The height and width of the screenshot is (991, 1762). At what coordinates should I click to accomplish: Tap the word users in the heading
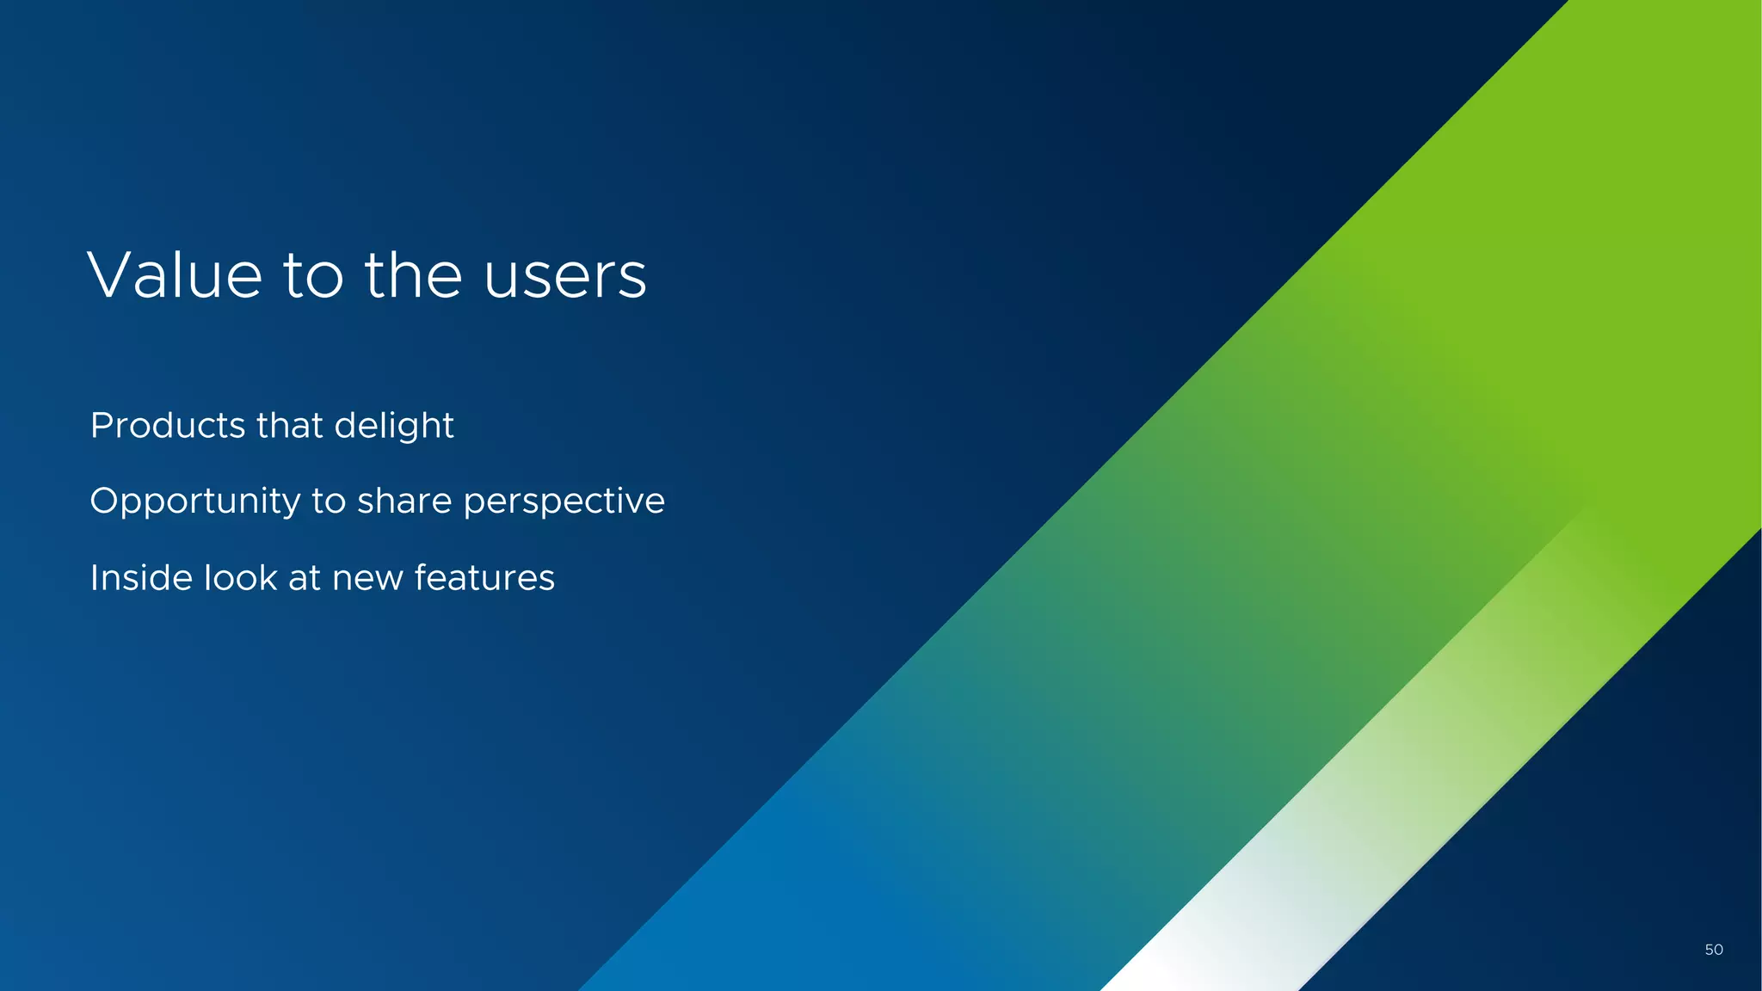pyautogui.click(x=564, y=277)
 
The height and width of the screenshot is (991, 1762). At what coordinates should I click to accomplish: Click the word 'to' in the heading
pyautogui.click(x=313, y=277)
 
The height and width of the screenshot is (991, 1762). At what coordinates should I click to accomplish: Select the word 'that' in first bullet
pyautogui.click(x=289, y=426)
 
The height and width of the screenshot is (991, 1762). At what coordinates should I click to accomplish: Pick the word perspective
pyautogui.click(x=564, y=502)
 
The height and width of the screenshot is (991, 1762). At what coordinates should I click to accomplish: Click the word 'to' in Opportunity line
pyautogui.click(x=329, y=502)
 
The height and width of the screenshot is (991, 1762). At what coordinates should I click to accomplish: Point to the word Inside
pyautogui.click(x=141, y=577)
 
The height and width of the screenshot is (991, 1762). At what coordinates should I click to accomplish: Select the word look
pyautogui.click(x=240, y=577)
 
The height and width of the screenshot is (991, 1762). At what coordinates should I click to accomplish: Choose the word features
pyautogui.click(x=484, y=577)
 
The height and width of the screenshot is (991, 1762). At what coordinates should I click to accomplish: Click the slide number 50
pyautogui.click(x=1713, y=950)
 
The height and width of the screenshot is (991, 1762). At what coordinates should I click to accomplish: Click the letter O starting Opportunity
pyautogui.click(x=103, y=501)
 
